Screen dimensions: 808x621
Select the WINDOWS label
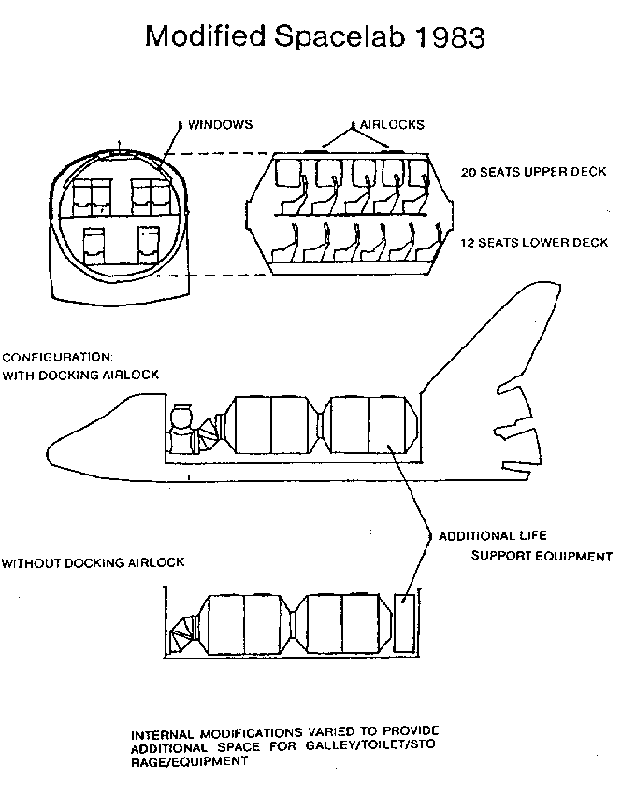(221, 123)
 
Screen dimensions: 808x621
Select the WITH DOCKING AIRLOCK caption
(80, 375)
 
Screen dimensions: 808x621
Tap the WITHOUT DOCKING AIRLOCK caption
(93, 563)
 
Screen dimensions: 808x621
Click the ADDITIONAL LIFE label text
(492, 536)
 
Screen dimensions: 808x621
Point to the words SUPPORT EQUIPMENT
(541, 556)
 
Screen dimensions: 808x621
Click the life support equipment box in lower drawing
(406, 623)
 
